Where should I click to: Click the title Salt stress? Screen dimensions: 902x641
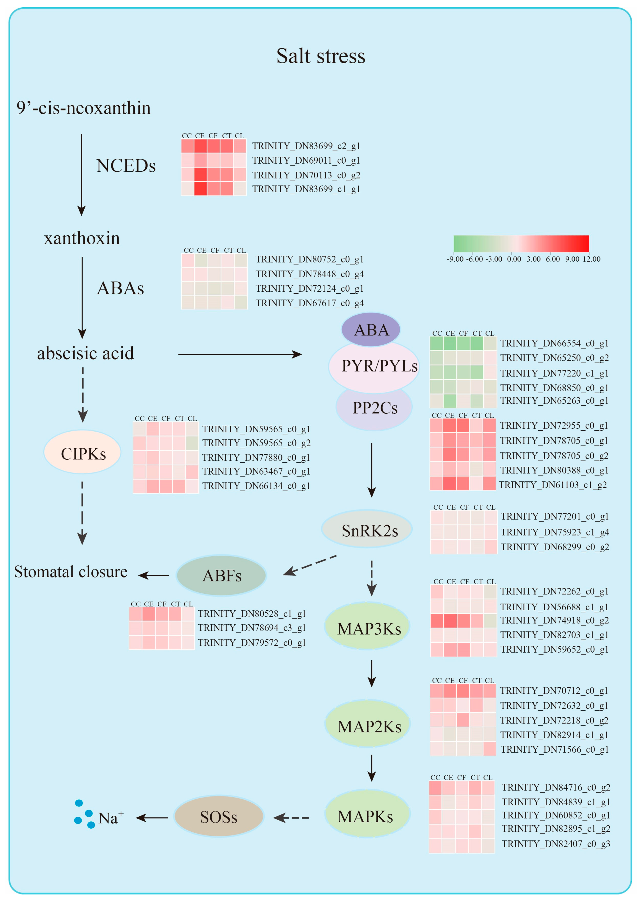click(x=320, y=56)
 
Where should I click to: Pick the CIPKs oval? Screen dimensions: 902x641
click(x=83, y=453)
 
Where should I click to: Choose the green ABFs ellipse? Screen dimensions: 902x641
click(x=221, y=575)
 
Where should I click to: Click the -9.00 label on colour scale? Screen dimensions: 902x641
click(x=455, y=259)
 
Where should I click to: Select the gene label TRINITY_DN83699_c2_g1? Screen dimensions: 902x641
click(x=306, y=146)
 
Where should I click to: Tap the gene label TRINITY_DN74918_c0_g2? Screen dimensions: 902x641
click(x=554, y=620)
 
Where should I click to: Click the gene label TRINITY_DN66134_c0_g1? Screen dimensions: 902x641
click(x=256, y=486)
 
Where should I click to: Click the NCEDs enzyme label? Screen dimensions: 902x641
click(x=125, y=165)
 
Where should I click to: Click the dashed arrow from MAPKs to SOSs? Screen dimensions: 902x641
click(x=291, y=818)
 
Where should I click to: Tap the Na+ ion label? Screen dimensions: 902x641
click(x=110, y=818)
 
